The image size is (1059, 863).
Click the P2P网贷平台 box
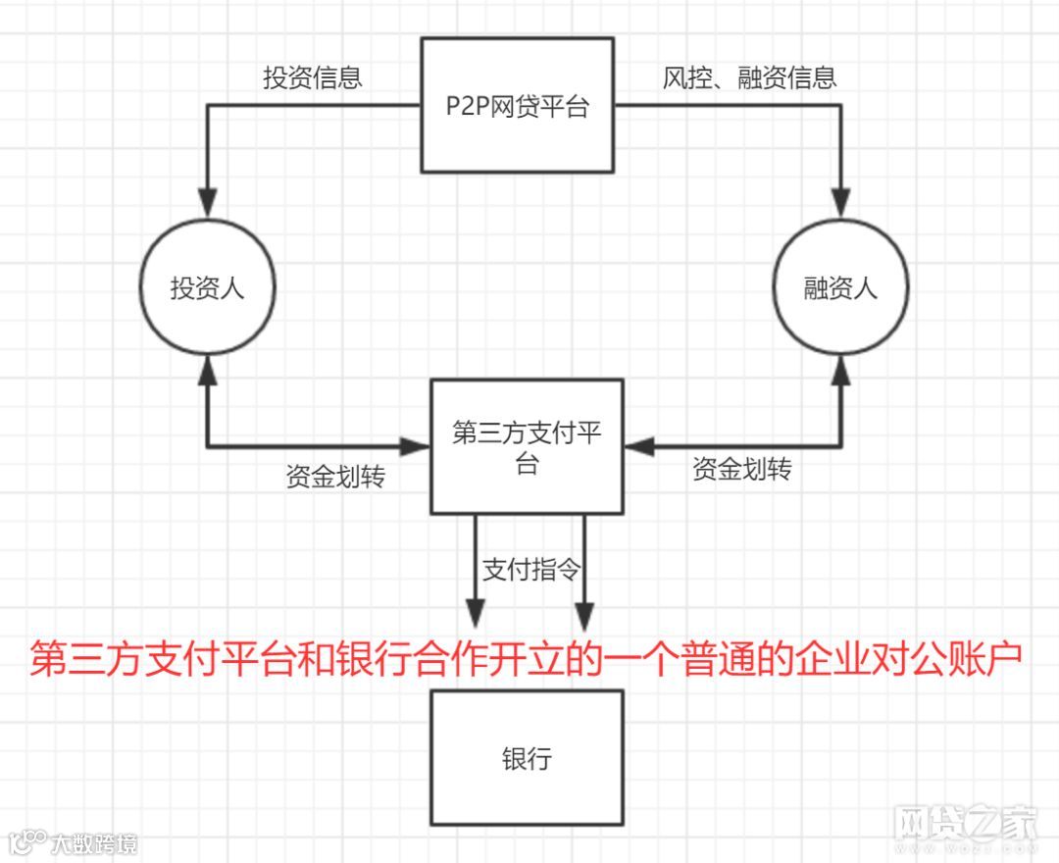coord(518,106)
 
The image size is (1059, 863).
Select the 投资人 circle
coord(207,289)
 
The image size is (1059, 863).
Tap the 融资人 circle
coord(840,289)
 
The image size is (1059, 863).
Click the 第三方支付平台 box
coord(527,447)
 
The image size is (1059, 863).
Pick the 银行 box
coord(527,758)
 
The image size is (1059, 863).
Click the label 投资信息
coord(312,78)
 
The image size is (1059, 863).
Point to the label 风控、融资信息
coord(749,78)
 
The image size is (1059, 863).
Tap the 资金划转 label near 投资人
coord(335,478)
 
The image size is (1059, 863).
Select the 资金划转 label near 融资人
coord(741,470)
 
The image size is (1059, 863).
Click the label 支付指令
coord(530,571)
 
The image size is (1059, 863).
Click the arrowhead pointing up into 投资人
coord(207,370)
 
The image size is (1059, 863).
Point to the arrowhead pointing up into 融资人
coord(840,370)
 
